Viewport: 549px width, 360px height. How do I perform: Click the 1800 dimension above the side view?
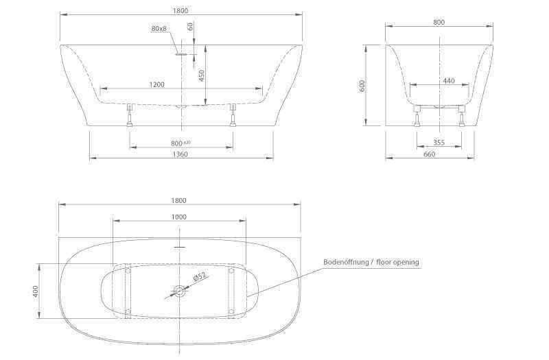[180, 11]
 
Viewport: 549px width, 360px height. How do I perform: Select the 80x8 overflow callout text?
[159, 28]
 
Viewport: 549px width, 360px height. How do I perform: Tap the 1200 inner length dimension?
[156, 84]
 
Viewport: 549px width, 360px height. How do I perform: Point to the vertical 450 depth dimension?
[201, 75]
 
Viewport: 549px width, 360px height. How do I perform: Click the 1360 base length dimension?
[180, 154]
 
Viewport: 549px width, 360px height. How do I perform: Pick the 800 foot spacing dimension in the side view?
[177, 143]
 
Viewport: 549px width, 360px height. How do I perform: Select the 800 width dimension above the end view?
[439, 23]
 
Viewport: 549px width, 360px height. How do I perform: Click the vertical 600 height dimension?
[362, 86]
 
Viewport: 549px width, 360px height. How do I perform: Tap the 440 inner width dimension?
[449, 81]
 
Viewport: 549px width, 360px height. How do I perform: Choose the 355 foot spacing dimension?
[439, 143]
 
